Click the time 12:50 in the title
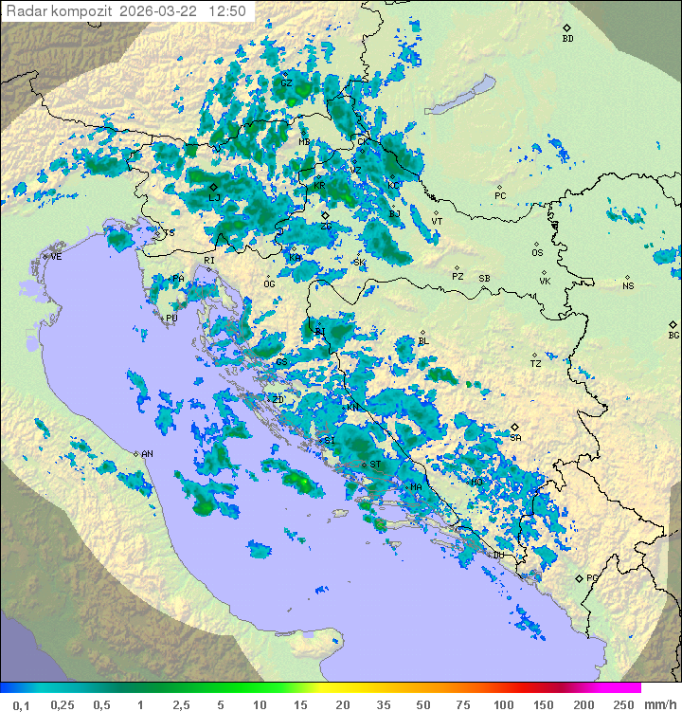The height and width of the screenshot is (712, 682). [x=228, y=11]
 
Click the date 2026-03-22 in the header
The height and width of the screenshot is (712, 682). [x=166, y=11]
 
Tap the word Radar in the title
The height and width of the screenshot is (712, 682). [x=26, y=11]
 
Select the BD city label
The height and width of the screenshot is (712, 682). [x=567, y=39]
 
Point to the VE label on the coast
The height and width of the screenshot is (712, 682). [x=56, y=257]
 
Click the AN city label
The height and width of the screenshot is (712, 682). [x=147, y=454]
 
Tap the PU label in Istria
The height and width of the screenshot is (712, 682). [x=171, y=319]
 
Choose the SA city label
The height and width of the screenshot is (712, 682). [x=515, y=437]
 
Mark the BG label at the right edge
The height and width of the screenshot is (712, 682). [x=673, y=335]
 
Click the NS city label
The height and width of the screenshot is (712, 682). [x=627, y=286]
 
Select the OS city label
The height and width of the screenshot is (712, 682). [x=537, y=253]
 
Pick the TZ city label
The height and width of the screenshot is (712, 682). [x=536, y=363]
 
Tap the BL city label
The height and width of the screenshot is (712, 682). [x=423, y=341]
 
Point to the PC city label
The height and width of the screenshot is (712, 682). [x=500, y=196]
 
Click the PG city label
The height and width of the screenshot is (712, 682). [x=592, y=577]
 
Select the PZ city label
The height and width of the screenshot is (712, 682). [x=458, y=276]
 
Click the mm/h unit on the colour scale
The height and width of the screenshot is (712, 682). [x=657, y=704]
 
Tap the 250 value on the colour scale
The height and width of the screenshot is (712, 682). [x=622, y=704]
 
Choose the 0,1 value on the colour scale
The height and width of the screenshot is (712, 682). [x=21, y=704]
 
